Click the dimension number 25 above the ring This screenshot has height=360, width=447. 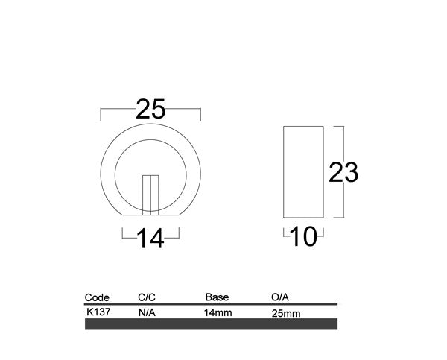click(150, 111)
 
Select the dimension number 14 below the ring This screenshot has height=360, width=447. click(150, 239)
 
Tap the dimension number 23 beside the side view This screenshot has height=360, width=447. click(344, 173)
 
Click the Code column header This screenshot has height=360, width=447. click(98, 297)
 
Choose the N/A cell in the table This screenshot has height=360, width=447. click(147, 312)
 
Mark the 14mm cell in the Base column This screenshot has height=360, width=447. click(218, 312)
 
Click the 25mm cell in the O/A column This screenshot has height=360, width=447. click(287, 313)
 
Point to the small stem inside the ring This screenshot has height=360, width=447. click(150, 195)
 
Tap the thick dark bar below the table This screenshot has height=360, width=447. click(212, 324)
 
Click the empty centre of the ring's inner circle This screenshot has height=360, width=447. click(150, 164)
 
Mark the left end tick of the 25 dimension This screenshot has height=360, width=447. click(101, 114)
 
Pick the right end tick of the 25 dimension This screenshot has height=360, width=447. click(200, 114)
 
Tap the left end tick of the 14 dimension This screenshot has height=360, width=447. click(123, 233)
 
